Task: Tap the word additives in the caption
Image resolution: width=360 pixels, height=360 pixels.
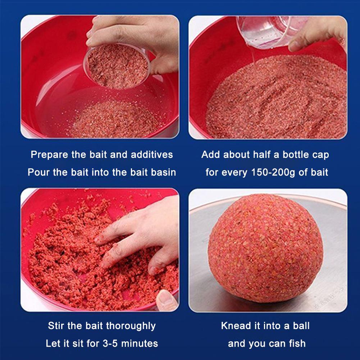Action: [152, 155]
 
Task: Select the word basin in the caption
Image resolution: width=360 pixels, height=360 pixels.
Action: [165, 172]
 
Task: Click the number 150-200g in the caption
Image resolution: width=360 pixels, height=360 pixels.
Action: [273, 172]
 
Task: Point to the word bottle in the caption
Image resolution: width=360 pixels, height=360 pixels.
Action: [294, 155]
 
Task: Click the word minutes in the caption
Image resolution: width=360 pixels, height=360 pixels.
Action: [140, 344]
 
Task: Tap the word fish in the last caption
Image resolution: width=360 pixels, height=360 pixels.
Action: [297, 344]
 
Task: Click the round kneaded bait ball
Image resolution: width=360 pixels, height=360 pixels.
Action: [266, 248]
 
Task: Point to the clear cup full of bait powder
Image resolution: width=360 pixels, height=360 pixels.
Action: [117, 65]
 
